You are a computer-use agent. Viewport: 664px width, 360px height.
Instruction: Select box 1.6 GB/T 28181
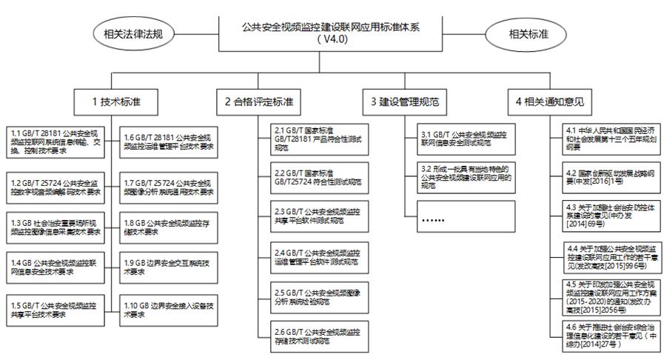pos(169,140)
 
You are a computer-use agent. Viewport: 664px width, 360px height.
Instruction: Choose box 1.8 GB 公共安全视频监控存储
pos(169,226)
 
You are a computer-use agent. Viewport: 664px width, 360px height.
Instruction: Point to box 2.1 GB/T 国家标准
pos(320,139)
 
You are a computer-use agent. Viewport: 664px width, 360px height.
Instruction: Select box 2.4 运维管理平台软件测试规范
pos(320,256)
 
